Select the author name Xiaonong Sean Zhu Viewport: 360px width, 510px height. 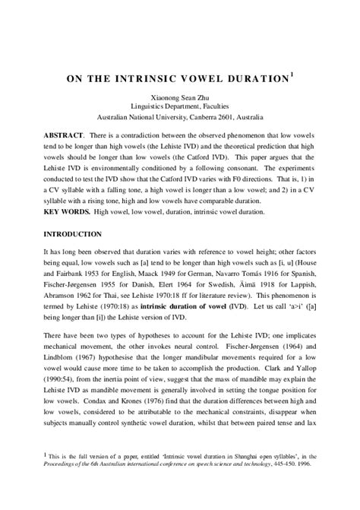click(x=179, y=97)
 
